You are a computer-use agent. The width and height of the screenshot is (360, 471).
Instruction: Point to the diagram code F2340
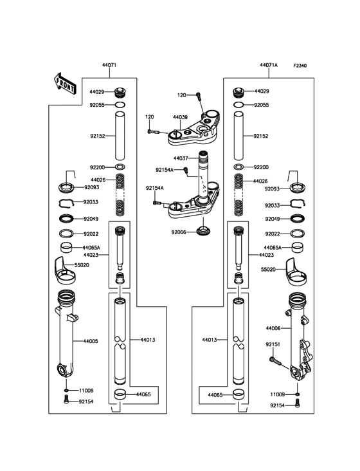click(x=302, y=66)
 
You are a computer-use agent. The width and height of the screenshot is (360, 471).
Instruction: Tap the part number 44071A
click(x=269, y=66)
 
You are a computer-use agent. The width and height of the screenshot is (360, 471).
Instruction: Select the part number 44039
click(x=180, y=118)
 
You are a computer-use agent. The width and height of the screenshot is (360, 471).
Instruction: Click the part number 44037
click(x=180, y=158)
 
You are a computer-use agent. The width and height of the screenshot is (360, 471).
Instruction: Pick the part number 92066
click(x=179, y=232)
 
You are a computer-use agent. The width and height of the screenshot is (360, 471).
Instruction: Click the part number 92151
click(x=273, y=344)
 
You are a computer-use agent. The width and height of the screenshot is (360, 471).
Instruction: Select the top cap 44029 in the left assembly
click(x=120, y=91)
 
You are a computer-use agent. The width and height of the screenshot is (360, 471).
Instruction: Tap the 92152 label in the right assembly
click(x=261, y=136)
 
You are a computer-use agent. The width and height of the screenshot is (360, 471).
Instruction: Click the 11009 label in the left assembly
click(x=87, y=391)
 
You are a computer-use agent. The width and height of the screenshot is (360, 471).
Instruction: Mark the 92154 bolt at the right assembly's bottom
click(x=298, y=404)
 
